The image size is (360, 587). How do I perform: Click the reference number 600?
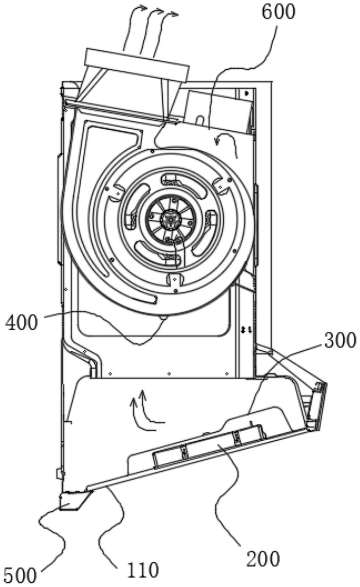(278, 12)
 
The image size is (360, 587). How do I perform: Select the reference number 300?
(339, 340)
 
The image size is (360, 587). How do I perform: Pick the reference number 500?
(21, 575)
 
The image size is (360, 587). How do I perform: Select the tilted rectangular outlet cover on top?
(137, 66)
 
